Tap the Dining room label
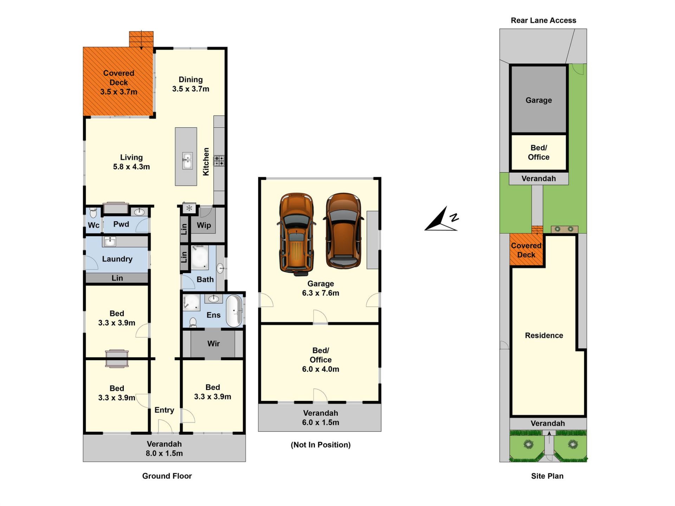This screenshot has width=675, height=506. point(191,84)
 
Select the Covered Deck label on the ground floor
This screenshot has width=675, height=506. point(119,82)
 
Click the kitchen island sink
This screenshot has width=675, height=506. point(187,161)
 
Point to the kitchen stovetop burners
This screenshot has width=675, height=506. point(219,161)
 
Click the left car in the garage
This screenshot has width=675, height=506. point(296,234)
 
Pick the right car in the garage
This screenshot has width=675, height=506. point(343,231)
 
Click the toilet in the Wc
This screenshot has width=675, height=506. point(93,213)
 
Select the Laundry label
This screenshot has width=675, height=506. point(117,259)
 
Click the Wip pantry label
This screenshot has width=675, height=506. point(204,225)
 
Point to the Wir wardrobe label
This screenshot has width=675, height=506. point(213,344)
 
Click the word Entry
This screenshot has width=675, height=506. point(164,410)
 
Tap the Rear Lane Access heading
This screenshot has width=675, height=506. point(543,20)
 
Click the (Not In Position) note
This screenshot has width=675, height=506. point(321,445)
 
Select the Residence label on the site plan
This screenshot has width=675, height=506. point(544,336)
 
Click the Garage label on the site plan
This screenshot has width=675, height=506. point(539,100)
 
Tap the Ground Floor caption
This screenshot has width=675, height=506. point(167,476)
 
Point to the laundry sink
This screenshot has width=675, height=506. point(109,241)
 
